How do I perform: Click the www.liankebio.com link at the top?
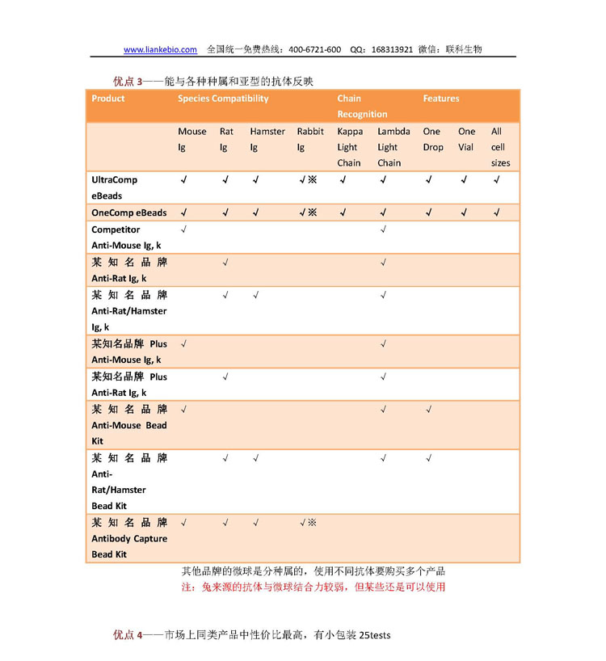160,49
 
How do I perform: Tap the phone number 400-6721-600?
314,49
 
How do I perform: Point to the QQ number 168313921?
392,49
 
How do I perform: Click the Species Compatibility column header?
223,99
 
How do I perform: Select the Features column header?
440,99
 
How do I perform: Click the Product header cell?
108,99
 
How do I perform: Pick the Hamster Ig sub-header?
267,139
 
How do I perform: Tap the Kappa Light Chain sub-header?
349,146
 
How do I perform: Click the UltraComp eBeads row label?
114,187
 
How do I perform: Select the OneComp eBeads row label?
128,213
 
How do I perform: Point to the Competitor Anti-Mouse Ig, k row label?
125,237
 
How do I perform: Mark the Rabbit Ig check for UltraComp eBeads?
307,179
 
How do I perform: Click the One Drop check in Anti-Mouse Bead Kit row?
428,410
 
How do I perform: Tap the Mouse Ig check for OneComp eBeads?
183,213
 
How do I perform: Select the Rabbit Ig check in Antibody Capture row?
307,523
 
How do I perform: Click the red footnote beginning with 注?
313,587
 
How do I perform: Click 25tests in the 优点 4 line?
374,635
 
